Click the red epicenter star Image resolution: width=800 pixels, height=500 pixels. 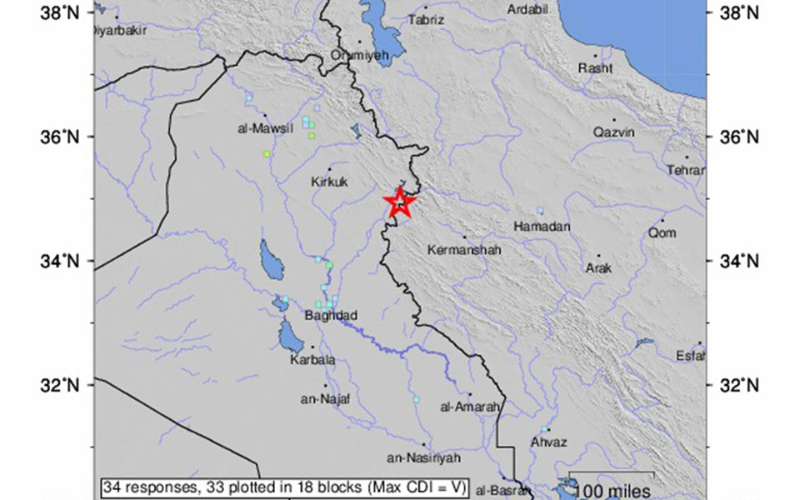point(400,202)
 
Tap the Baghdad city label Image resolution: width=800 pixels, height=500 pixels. point(330,315)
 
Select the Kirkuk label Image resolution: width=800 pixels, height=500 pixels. point(328,182)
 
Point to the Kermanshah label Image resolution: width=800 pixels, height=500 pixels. point(462,249)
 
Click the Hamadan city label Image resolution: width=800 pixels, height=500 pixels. point(542,227)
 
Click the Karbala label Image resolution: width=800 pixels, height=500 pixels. point(312,360)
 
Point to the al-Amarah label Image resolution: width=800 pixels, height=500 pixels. point(472,407)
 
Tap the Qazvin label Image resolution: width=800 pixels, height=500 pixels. point(614,132)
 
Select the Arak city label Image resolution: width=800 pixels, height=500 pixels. point(598,268)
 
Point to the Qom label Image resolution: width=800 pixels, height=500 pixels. point(662,233)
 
